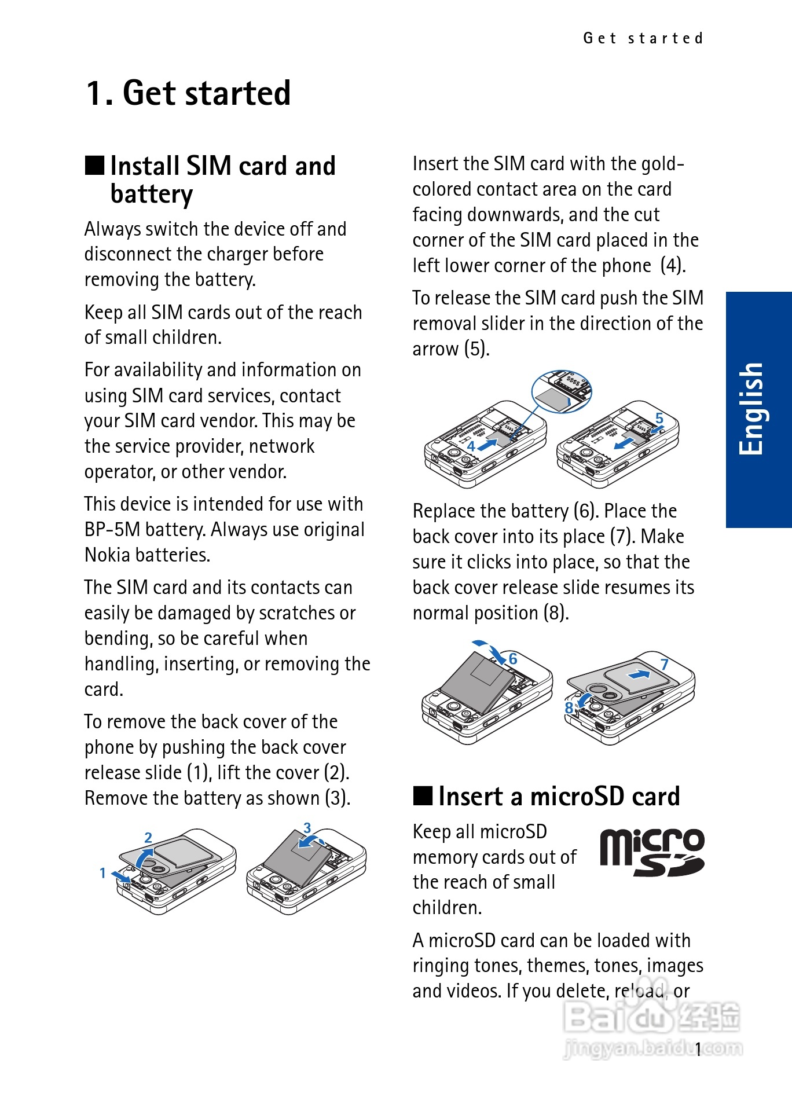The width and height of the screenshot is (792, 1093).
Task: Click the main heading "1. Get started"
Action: point(188,93)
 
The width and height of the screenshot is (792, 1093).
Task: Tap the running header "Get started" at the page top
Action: point(643,39)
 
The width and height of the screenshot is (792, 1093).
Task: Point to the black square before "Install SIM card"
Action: point(94,166)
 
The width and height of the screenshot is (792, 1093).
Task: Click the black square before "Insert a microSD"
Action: point(423,796)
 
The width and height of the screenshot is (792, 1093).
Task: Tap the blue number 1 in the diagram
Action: point(102,872)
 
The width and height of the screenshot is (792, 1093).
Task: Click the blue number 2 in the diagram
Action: point(148,837)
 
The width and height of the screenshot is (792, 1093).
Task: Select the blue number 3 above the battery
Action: point(307,828)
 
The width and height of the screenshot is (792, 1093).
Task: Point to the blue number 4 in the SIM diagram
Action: point(471,446)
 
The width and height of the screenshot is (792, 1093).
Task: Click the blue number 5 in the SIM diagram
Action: point(659,418)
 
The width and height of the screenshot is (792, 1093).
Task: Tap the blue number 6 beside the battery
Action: point(513,659)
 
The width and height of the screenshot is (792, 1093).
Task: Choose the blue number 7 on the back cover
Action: point(665,664)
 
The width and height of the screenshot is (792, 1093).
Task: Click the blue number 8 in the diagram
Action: point(569,707)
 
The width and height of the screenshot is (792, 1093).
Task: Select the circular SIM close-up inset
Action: point(561,391)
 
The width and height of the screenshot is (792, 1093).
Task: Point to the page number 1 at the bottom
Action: point(699,1048)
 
